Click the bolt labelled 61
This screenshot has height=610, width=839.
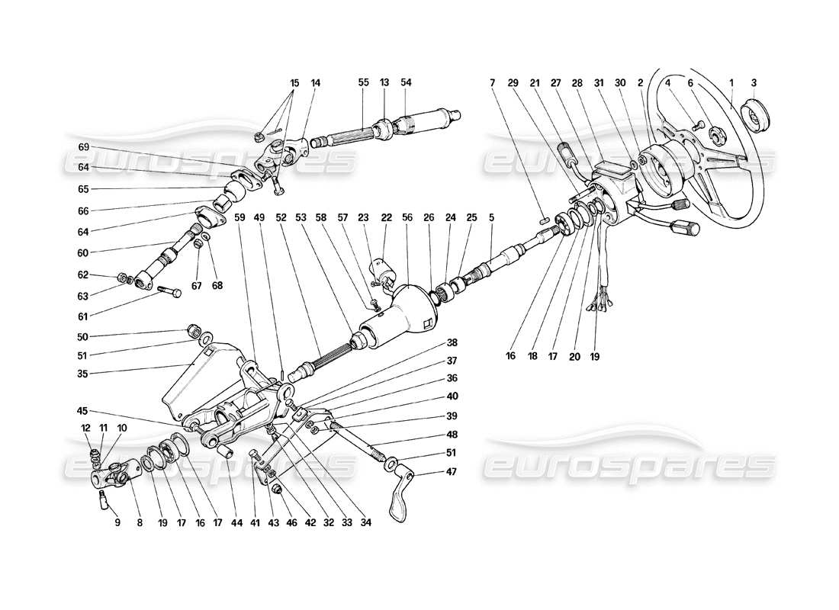pos(169,290)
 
